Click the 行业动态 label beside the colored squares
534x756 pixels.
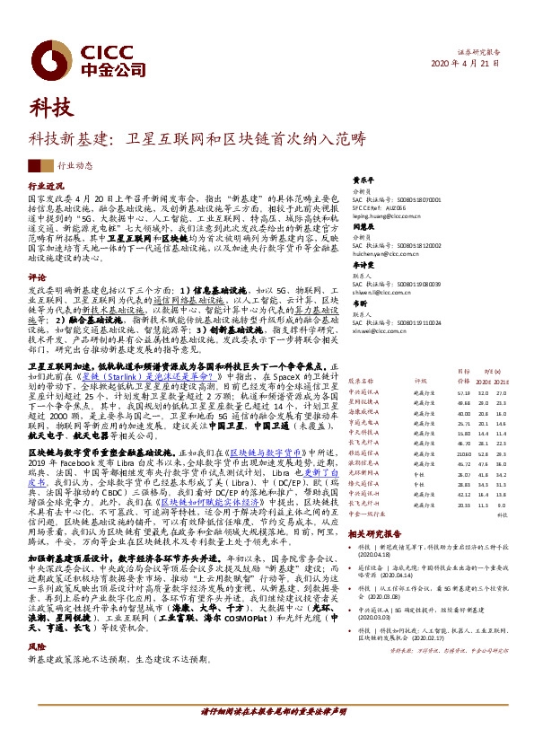(75, 166)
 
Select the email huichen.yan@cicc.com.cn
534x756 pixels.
(384, 255)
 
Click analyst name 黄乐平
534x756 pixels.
(361, 179)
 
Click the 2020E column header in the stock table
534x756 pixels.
(484, 382)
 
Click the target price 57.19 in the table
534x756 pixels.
(464, 392)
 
